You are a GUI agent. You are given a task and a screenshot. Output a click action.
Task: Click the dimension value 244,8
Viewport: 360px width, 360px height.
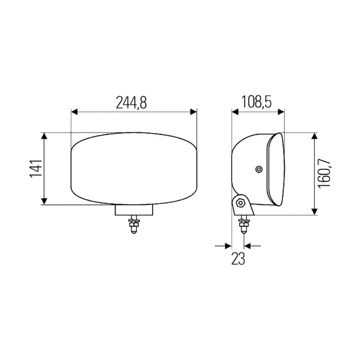pyautogui.click(x=132, y=103)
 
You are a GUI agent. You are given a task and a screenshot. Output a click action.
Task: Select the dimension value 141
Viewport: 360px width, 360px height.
pyautogui.click(x=36, y=169)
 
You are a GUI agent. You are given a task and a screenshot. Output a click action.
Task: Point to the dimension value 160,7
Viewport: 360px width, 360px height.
pyautogui.click(x=325, y=173)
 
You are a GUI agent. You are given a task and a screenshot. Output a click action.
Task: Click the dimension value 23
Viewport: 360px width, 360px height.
pyautogui.click(x=238, y=259)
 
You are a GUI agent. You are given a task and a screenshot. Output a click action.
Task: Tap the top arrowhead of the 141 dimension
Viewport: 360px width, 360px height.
pyautogui.click(x=44, y=136)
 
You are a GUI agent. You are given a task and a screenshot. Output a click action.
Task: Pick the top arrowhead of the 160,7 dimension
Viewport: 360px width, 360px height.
pyautogui.click(x=314, y=136)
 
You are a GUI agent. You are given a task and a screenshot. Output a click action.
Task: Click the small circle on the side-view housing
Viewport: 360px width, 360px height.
pyautogui.click(x=260, y=170)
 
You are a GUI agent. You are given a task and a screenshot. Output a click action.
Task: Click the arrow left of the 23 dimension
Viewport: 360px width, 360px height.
pyautogui.click(x=228, y=246)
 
